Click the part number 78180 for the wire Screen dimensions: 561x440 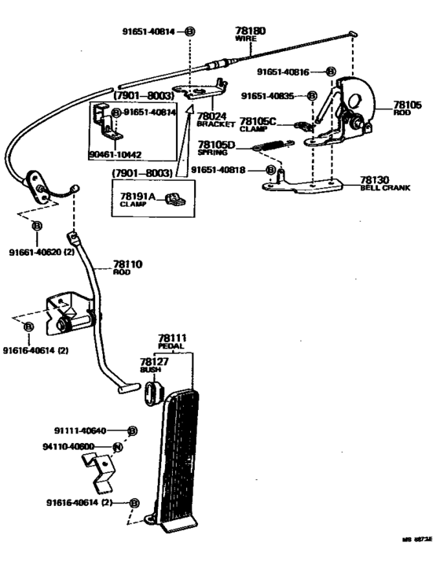pos(251,31)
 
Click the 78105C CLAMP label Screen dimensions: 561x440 pos(258,124)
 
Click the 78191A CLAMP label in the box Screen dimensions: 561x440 pos(139,198)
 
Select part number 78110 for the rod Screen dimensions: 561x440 pos(127,265)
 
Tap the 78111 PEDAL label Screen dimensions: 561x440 pos(171,342)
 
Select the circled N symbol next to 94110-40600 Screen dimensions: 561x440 pos(118,447)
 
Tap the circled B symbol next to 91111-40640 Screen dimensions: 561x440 pos(132,431)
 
